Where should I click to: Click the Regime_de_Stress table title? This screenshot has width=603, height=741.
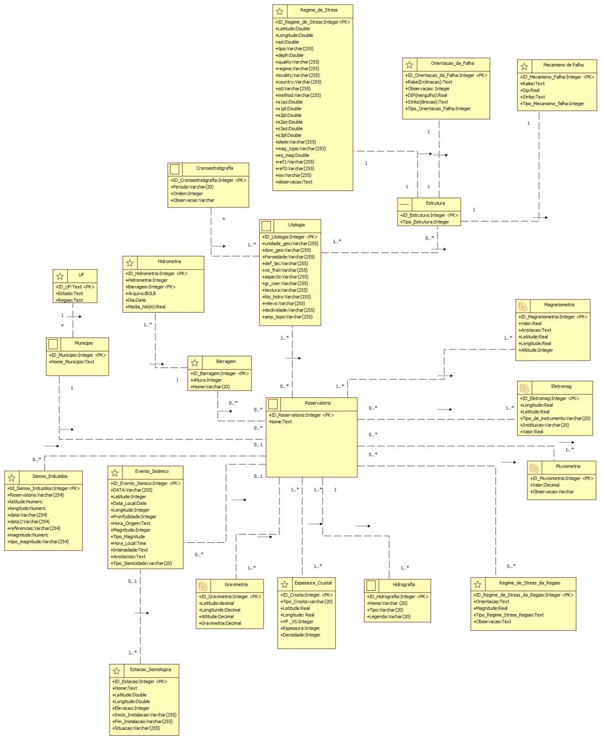tap(319, 10)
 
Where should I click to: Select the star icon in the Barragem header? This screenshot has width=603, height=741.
tap(195, 363)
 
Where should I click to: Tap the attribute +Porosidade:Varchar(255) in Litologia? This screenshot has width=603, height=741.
tap(288, 257)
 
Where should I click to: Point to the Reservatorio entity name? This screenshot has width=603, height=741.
tap(318, 403)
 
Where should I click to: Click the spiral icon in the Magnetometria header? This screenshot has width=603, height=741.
tap(523, 306)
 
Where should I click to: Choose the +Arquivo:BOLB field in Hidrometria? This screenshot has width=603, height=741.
tap(141, 294)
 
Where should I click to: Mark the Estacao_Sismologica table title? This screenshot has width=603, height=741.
tap(150, 670)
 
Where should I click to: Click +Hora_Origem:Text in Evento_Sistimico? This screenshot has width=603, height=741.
tap(131, 523)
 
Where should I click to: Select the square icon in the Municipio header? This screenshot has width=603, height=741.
tap(53, 344)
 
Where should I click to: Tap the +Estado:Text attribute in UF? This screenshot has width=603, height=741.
tap(70, 294)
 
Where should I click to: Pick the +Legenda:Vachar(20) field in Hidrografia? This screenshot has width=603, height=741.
tap(388, 617)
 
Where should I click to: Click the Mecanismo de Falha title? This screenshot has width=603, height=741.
tap(563, 65)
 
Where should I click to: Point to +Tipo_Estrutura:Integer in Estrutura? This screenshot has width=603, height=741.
tap(425, 222)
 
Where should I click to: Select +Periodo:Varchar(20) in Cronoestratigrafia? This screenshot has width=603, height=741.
tap(192, 187)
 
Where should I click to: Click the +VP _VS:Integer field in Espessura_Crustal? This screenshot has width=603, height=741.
tap(297, 622)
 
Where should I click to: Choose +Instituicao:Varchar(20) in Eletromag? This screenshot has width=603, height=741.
tap(544, 425)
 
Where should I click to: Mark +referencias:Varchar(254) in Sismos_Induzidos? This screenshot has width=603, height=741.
tap(34, 529)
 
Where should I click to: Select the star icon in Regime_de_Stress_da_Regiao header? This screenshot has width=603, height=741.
tap(478, 584)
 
